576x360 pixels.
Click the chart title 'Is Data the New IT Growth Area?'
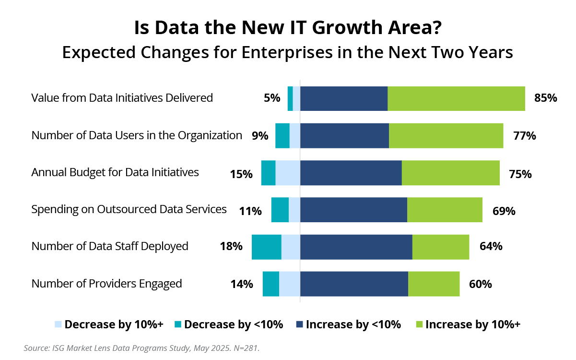coord(287,28)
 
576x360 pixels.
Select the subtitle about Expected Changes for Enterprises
coord(287,52)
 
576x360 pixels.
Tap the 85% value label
coord(545,98)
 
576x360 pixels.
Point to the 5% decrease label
coord(272,98)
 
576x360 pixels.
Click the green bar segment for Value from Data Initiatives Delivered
coord(456,98)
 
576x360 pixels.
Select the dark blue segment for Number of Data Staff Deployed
coord(356,247)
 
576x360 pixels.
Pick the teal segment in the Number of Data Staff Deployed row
coord(266,247)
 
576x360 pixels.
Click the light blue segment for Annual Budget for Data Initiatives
coord(288,173)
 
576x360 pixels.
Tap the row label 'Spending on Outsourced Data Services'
coord(129,209)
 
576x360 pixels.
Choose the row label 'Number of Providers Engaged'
coord(106,284)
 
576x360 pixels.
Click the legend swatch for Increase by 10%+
coord(419,325)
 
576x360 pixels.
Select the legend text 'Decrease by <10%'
coord(234,325)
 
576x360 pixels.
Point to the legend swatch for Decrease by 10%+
coord(59,325)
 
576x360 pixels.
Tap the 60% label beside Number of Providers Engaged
coord(480,284)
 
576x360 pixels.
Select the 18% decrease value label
coord(231,247)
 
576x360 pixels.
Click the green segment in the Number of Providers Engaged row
coord(434,284)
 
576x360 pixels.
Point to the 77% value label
coord(524,136)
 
